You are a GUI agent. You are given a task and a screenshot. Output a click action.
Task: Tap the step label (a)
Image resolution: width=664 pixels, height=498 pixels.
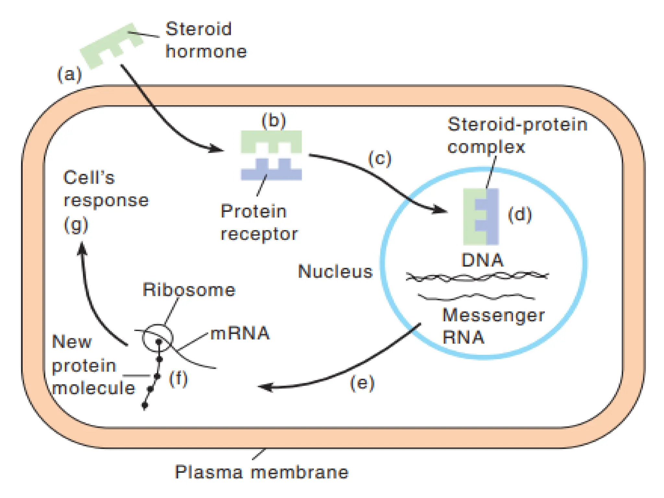coord(69,75)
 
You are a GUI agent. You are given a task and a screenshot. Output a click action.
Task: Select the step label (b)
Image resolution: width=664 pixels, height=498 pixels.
coord(273,120)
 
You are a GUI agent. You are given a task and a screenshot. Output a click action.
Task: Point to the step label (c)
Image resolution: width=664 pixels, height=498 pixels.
coord(380,159)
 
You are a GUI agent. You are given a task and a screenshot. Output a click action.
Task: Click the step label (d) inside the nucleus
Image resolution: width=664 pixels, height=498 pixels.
coord(520,215)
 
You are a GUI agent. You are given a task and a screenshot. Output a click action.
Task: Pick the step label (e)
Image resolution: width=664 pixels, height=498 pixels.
coord(362,383)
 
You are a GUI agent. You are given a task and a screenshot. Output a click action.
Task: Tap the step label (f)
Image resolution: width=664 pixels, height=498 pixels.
coord(178,378)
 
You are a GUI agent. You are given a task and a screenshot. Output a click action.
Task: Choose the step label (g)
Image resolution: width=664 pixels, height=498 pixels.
coord(76,225)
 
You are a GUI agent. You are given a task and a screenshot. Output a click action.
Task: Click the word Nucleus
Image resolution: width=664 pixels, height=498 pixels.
coord(335,271)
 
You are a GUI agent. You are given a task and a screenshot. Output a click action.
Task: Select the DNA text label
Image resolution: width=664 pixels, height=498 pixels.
coord(482,260)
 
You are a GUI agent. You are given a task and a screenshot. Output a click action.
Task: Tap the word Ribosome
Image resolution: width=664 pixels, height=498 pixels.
coord(189,290)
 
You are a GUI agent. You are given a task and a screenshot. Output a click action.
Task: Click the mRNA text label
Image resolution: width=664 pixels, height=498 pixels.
coord(240,333)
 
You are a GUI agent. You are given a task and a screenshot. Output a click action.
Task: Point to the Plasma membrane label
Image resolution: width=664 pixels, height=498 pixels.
coord(261,472)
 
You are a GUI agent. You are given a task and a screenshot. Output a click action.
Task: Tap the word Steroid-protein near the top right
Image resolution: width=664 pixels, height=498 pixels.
coord(517,124)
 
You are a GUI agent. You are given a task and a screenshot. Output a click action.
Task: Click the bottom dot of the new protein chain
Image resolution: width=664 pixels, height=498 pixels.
coord(145,405)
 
